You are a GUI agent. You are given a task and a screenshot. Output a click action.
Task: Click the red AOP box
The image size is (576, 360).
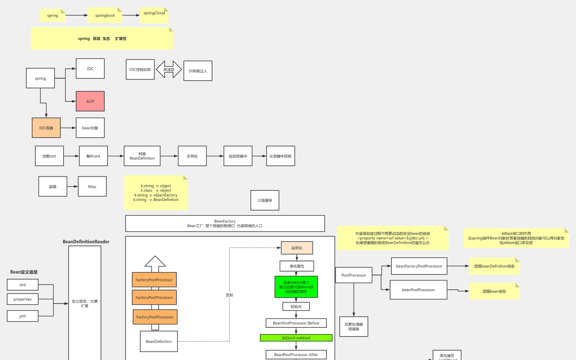[90, 101]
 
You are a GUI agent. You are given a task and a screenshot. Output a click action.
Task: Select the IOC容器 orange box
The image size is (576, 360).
[46, 128]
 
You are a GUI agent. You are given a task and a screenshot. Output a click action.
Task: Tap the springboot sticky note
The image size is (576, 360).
[105, 15]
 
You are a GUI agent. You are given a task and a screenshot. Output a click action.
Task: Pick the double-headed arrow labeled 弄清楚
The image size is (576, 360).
[169, 70]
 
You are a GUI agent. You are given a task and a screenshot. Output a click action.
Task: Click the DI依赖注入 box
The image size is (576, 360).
[198, 71]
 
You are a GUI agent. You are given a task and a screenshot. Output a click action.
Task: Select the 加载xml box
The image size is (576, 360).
[49, 156]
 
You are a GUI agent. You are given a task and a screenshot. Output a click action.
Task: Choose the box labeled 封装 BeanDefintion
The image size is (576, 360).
[142, 156]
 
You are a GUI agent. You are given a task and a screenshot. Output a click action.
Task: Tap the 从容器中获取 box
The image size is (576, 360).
[280, 156]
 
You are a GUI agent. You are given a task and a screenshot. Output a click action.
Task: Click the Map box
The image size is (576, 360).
[92, 187]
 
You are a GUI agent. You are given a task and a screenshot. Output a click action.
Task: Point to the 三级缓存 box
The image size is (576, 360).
[265, 200]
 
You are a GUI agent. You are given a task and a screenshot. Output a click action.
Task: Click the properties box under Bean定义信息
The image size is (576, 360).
[22, 299]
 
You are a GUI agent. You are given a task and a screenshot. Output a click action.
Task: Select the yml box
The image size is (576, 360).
[22, 316]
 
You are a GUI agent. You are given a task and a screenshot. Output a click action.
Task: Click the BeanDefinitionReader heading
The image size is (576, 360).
[86, 241]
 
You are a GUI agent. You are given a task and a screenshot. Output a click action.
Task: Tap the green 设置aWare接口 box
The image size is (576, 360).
[296, 287]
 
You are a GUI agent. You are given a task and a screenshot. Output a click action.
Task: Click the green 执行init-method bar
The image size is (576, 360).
[296, 338]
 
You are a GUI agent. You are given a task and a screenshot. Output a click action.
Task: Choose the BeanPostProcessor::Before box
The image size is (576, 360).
[296, 323]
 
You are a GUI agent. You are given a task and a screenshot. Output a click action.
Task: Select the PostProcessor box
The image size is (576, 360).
[354, 275]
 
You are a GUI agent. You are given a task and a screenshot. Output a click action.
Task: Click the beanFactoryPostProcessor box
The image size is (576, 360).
[419, 266]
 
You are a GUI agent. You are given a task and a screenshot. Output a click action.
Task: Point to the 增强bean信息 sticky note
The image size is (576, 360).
[494, 291]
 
